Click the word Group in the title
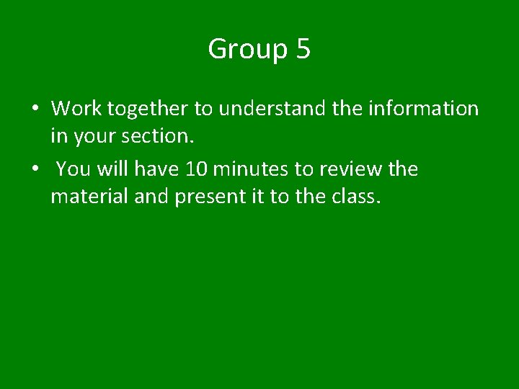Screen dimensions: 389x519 pyautogui.click(x=247, y=50)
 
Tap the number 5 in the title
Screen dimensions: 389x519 pyautogui.click(x=303, y=49)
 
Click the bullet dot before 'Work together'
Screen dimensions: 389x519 pyautogui.click(x=35, y=109)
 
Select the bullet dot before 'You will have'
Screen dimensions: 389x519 pyautogui.click(x=35, y=169)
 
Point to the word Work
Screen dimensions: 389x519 pyautogui.click(x=76, y=109)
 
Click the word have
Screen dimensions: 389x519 pyautogui.click(x=157, y=169)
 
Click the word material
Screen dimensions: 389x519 pyautogui.click(x=89, y=195)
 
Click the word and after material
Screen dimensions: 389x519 pyautogui.click(x=151, y=195)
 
